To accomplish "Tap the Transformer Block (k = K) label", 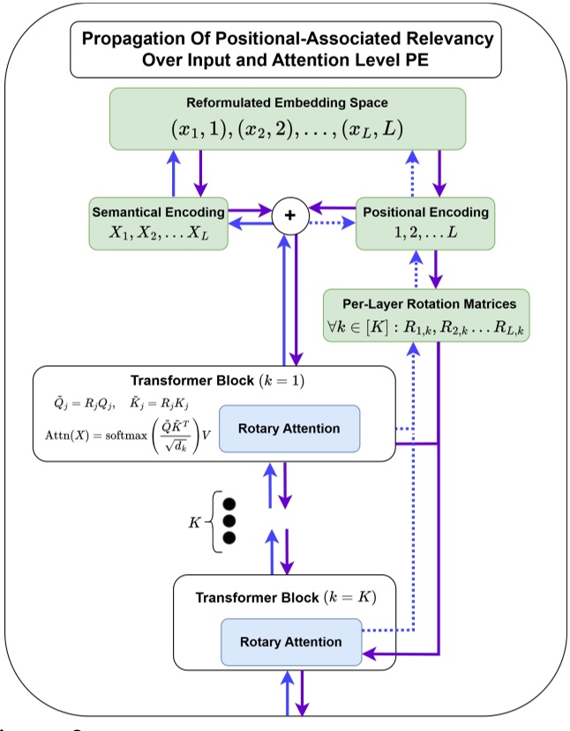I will (286, 597).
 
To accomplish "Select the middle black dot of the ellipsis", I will (230, 520).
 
